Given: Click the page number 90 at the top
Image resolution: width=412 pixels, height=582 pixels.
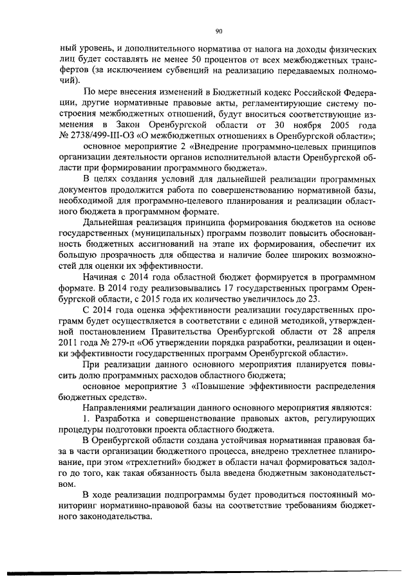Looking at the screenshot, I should pyautogui.click(x=218, y=30).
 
